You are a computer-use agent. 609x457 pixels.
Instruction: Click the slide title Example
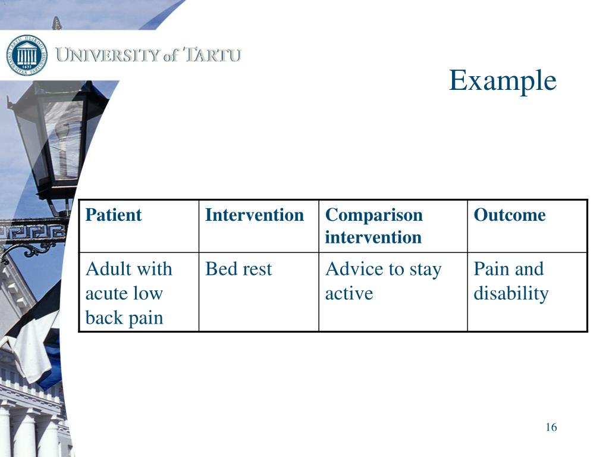coord(503,80)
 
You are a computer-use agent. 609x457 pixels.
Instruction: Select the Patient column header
coord(114,215)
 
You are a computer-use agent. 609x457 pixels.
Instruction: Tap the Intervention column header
coord(254,215)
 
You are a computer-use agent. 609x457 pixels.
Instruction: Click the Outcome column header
coord(509,215)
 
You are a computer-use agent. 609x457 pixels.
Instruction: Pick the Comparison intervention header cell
coord(373,226)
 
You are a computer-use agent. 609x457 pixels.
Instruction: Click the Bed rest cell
coord(238,269)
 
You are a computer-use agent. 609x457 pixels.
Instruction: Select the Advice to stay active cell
coord(383,281)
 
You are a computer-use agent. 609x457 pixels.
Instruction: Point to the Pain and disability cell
coord(510,281)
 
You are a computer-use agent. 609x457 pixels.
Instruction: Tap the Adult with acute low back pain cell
coord(128,293)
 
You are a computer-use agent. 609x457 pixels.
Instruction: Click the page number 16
coord(551,427)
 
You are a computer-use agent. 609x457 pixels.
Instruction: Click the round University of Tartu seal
coord(27,55)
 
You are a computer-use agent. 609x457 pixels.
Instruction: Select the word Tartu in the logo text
coord(212,56)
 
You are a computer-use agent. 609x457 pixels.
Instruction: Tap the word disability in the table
coord(510,293)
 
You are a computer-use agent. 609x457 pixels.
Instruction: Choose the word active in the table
coord(349,293)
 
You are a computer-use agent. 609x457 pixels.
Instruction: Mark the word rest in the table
coord(256,269)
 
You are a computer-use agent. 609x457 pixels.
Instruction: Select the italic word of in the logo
coord(171,56)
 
